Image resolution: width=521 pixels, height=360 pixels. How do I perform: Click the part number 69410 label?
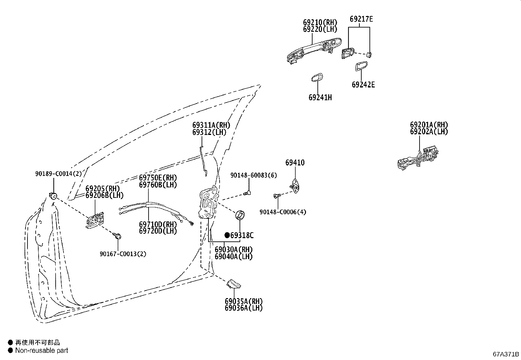coord(295,163)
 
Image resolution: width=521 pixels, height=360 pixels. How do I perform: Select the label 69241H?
coord(320,97)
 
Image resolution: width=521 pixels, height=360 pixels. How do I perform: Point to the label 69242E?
coord(363,85)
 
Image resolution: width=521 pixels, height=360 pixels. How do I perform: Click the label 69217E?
coord(361,19)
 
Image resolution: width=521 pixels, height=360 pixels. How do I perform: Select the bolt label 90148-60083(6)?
coord(253,175)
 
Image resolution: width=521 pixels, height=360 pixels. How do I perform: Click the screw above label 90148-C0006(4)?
coord(277,196)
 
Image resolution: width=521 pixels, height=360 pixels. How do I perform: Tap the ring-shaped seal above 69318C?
coord(241,215)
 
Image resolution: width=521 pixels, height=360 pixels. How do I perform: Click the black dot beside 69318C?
coord(227,235)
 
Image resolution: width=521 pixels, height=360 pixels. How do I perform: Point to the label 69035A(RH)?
coord(243,301)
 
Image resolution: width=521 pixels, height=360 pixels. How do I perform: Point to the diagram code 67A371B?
coord(506,354)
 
